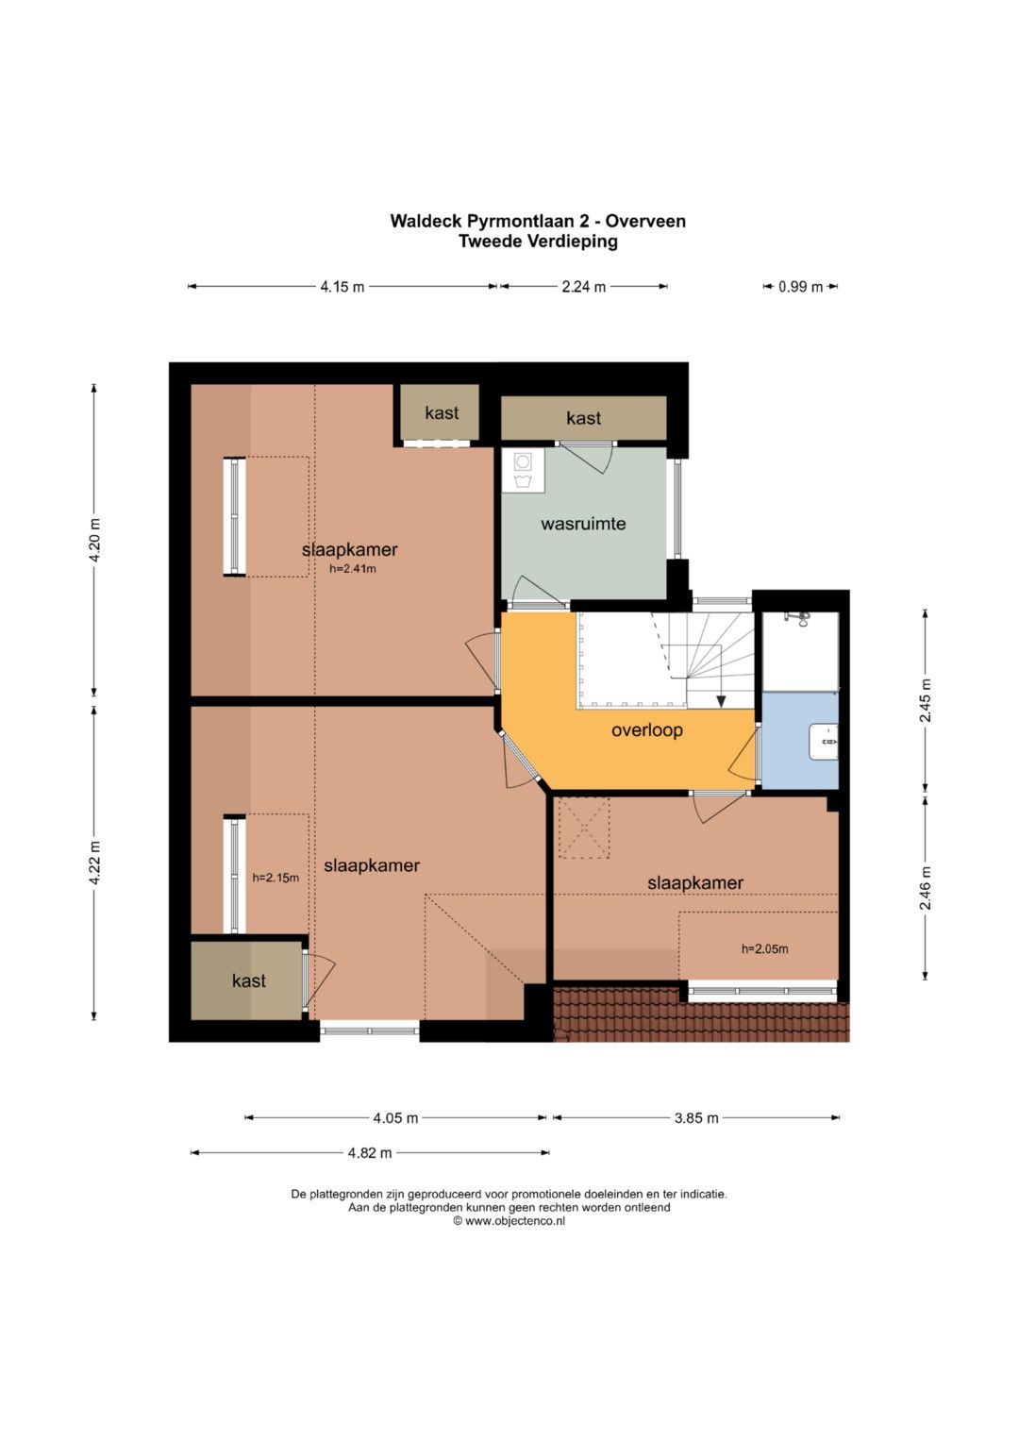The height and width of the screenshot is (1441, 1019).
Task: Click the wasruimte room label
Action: pyautogui.click(x=583, y=524)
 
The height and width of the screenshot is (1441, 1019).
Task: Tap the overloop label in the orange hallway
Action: pyautogui.click(x=646, y=730)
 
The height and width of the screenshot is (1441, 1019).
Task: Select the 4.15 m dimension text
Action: pyautogui.click(x=342, y=287)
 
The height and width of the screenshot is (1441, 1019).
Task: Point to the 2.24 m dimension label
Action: pyautogui.click(x=583, y=287)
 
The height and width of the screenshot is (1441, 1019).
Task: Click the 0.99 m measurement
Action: pyautogui.click(x=800, y=287)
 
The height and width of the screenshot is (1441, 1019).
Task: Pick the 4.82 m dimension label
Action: pyautogui.click(x=370, y=1153)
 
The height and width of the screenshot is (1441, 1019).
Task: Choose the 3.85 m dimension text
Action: pyautogui.click(x=696, y=1118)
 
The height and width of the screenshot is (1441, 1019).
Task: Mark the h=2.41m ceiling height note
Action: pyautogui.click(x=353, y=569)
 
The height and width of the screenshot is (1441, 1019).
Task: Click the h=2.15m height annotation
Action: pyautogui.click(x=276, y=878)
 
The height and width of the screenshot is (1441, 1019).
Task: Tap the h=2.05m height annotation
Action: pyautogui.click(x=765, y=948)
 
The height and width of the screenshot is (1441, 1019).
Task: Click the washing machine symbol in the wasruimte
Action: pyautogui.click(x=523, y=462)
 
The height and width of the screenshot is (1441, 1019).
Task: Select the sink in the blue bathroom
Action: pyautogui.click(x=824, y=743)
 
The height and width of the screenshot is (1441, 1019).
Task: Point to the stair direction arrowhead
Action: pyautogui.click(x=721, y=701)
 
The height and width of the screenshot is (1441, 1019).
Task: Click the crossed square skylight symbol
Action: pyautogui.click(x=583, y=828)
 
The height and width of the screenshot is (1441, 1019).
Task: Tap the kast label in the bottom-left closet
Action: pyautogui.click(x=249, y=981)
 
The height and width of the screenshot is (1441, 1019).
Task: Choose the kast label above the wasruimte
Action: pyautogui.click(x=583, y=418)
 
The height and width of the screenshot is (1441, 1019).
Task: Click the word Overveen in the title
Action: pyautogui.click(x=646, y=222)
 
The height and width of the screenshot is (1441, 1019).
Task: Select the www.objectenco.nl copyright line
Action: pyautogui.click(x=509, y=1220)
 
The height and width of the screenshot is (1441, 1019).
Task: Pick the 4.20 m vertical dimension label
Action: pyautogui.click(x=94, y=540)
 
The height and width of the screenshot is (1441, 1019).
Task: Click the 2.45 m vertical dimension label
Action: pyautogui.click(x=925, y=700)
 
